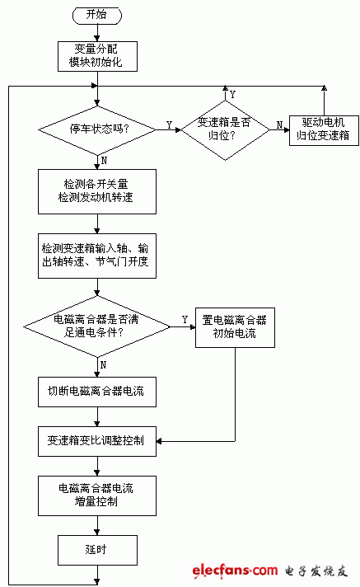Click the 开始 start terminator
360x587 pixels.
pos(97,16)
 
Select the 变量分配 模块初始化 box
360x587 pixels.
pos(98,57)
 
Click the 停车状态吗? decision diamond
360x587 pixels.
pos(98,128)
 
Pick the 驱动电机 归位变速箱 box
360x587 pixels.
pos(322,128)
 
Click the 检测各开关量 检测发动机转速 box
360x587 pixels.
pos(98,190)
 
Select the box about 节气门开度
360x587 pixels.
pos(98,255)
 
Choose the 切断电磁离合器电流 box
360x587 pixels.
pos(98,391)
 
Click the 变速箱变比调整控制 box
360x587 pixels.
pos(98,440)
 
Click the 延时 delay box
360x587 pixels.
pos(98,548)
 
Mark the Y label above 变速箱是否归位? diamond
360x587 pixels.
pos(232,94)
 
